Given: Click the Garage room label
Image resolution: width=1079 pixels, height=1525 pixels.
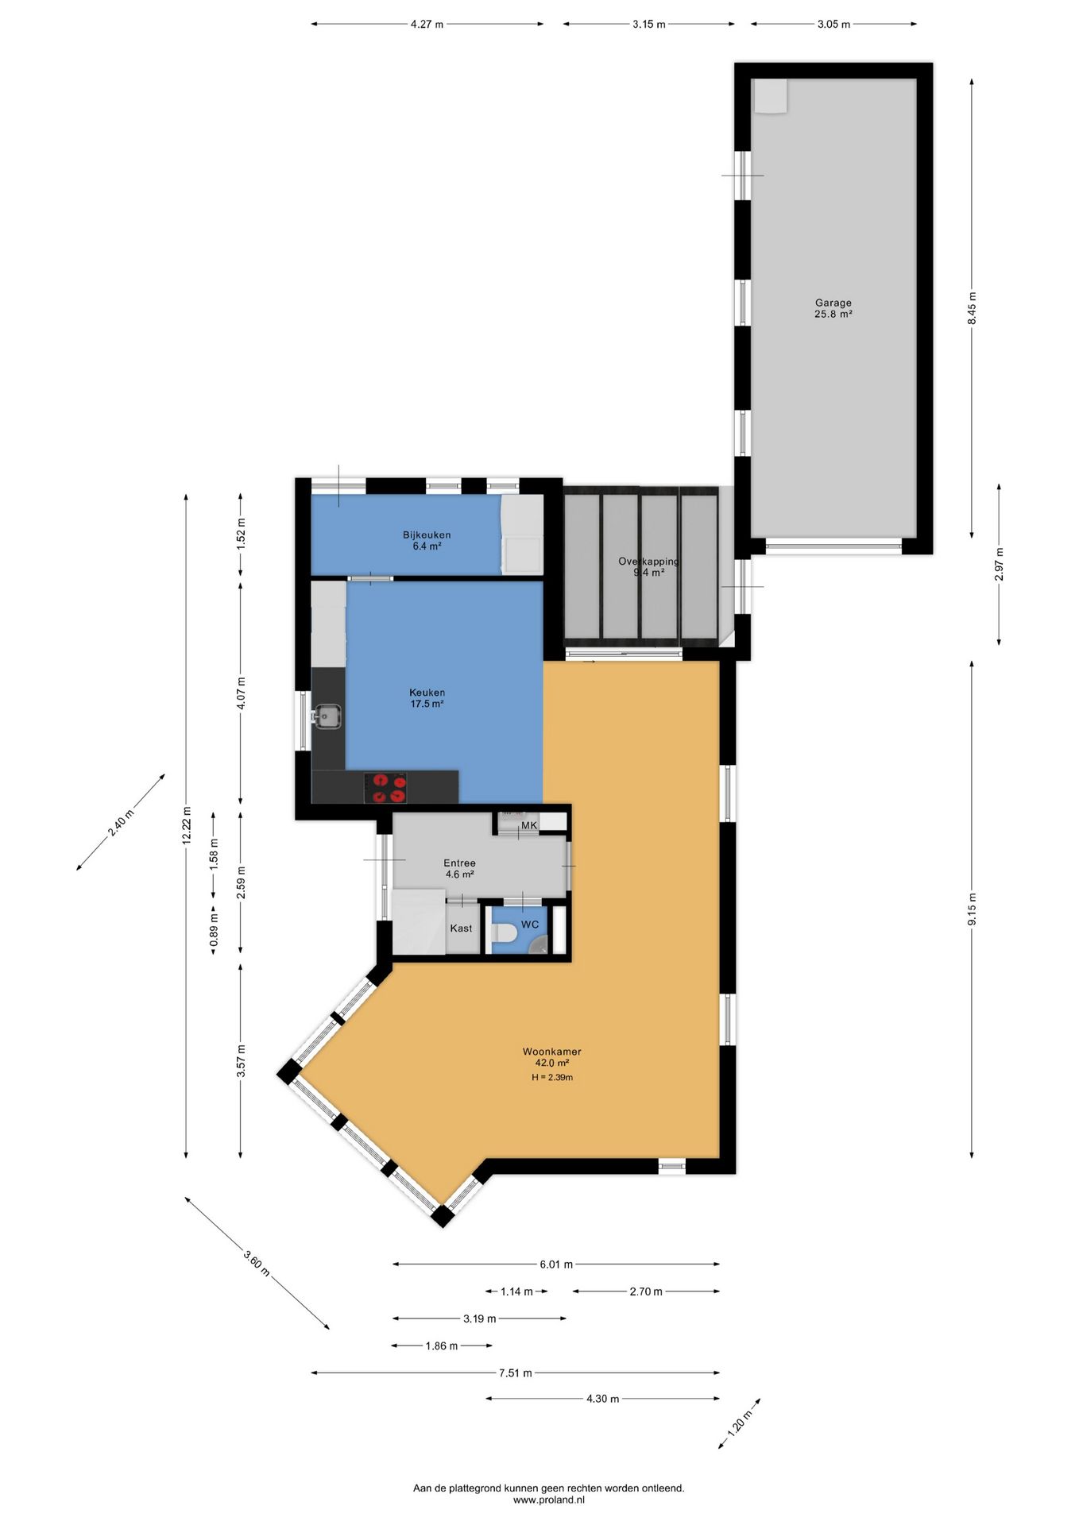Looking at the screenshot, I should click(x=833, y=308).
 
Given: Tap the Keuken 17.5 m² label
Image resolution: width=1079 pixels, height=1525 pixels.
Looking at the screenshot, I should click(x=427, y=698).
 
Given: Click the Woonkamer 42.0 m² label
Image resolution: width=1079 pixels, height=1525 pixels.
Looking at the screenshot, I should click(x=551, y=1057).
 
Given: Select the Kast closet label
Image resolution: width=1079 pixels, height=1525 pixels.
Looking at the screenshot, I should click(x=461, y=929).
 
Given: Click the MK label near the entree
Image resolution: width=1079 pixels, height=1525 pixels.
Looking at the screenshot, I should click(x=529, y=826).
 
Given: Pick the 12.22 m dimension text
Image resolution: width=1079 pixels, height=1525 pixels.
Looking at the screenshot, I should click(x=187, y=825).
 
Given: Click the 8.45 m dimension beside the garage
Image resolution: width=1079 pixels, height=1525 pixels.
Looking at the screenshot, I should click(x=972, y=308).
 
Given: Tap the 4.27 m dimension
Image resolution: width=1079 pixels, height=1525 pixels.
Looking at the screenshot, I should click(x=427, y=25).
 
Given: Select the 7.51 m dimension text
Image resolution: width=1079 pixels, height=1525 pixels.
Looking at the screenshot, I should click(x=515, y=1372).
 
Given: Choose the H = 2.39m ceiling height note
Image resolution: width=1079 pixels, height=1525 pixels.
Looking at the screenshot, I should click(x=552, y=1078).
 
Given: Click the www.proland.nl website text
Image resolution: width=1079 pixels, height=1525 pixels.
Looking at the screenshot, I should click(x=548, y=1500).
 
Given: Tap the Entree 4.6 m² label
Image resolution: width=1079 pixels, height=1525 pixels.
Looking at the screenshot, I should click(x=459, y=868).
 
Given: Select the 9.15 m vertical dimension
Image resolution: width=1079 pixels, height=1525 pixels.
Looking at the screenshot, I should click(x=972, y=909).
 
